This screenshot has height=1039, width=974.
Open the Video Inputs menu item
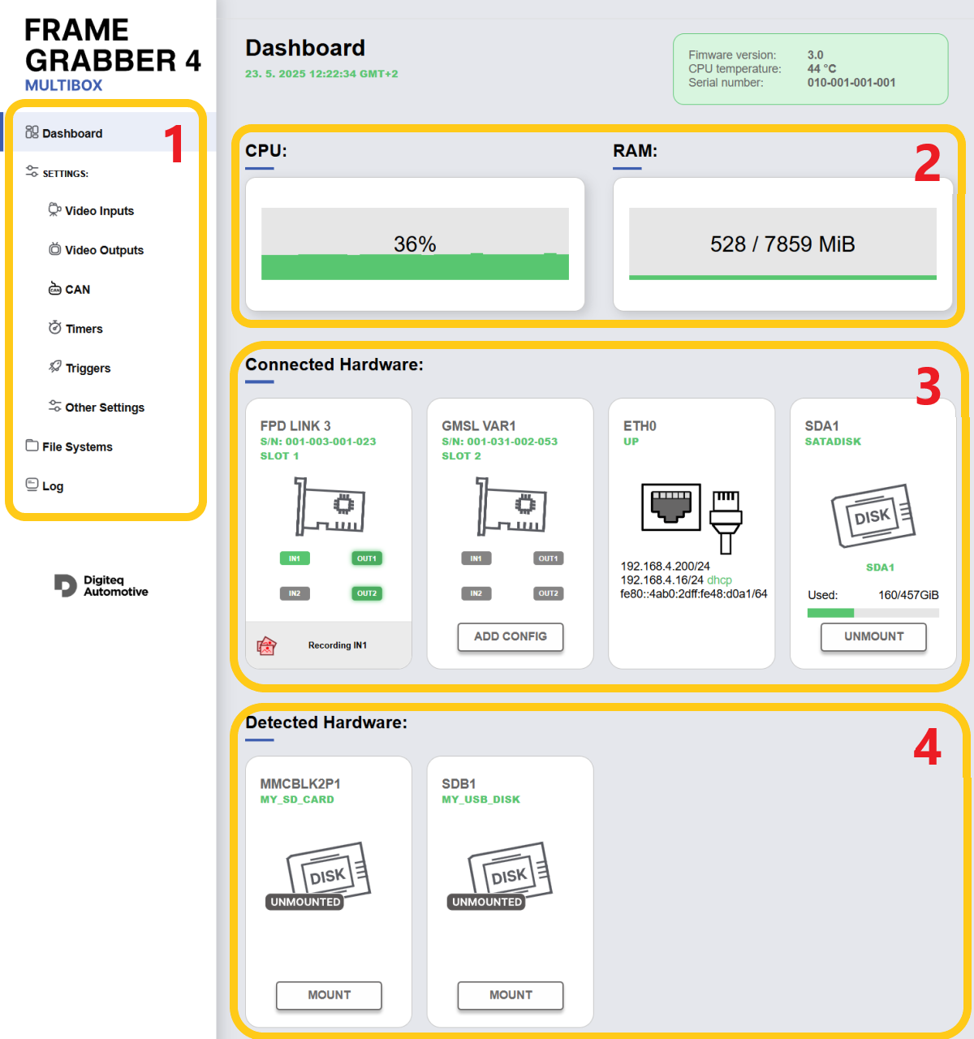(91, 210)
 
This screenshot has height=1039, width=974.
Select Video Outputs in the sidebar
(96, 249)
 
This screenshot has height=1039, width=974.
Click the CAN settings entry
(69, 289)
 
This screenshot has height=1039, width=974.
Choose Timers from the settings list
(75, 328)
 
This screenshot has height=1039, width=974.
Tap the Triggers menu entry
(80, 367)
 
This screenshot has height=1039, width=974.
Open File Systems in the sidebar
(69, 446)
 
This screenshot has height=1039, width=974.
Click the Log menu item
(45, 485)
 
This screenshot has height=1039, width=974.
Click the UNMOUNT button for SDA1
(873, 636)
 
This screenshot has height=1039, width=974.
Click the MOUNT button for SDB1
(511, 994)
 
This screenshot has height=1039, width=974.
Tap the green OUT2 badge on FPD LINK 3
(366, 593)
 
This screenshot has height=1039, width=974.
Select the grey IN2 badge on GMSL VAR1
(476, 593)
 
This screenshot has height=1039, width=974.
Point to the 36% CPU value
(415, 244)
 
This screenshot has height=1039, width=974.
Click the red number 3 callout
(928, 386)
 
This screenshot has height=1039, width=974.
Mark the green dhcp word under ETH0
(719, 580)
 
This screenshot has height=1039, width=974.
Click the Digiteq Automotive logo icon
(65, 585)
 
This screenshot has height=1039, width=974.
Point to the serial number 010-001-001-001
(851, 82)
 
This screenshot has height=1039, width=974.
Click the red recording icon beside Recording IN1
(266, 645)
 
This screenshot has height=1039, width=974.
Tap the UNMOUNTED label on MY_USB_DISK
(487, 901)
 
